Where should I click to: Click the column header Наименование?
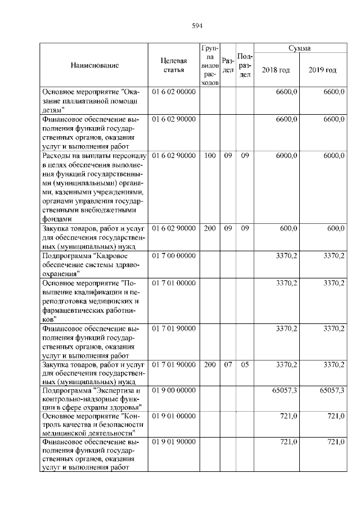coord(94,65)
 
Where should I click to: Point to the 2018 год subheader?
coord(276,70)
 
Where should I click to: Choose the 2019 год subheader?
coord(322,70)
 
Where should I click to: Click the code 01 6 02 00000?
coord(173,91)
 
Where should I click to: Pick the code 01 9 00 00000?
coord(173,390)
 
